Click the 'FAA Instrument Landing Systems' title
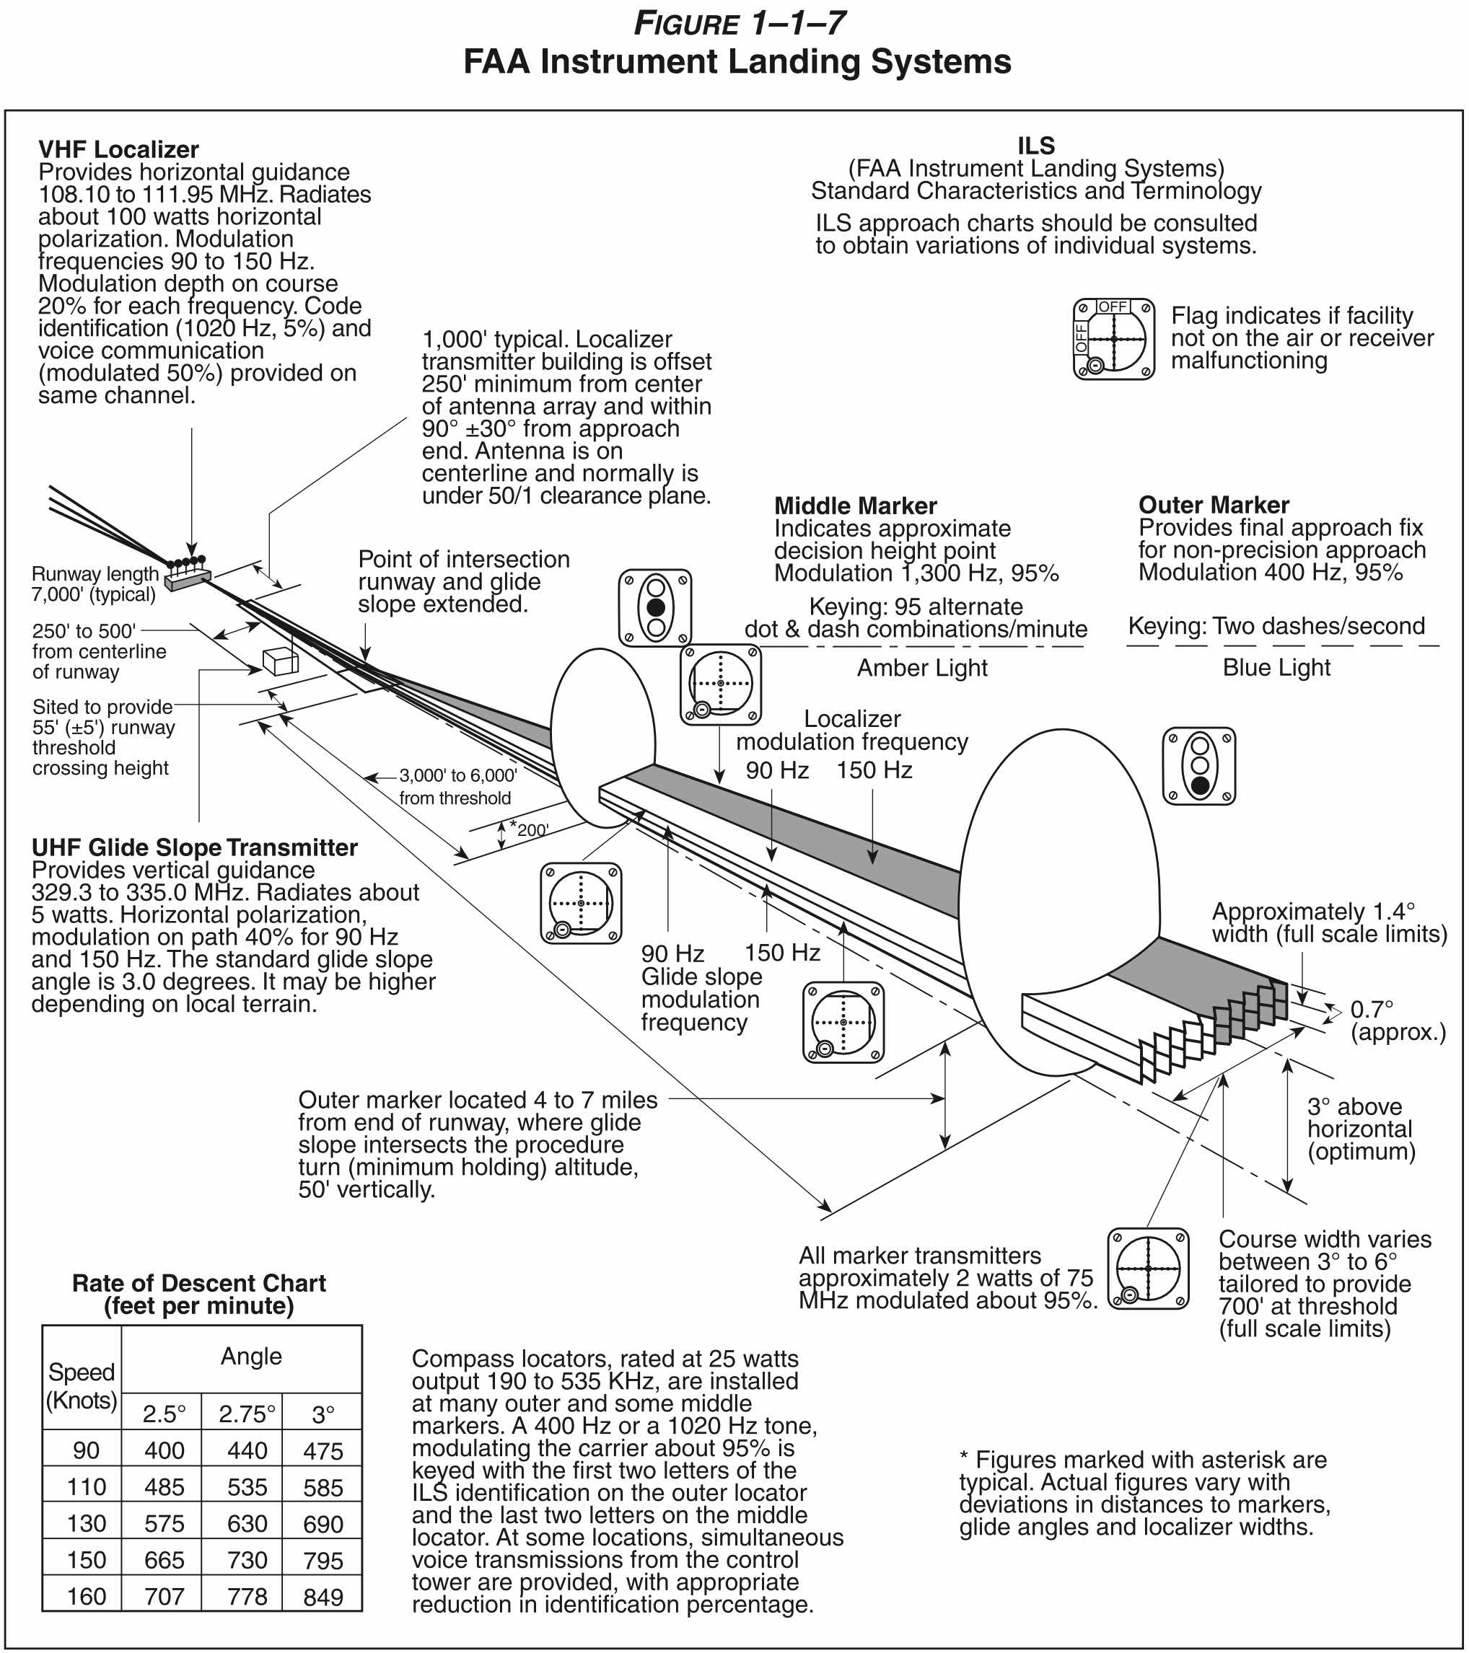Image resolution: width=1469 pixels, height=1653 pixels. [x=736, y=61]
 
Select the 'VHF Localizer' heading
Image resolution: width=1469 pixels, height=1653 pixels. [x=118, y=149]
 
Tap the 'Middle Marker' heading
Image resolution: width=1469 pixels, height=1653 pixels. [x=855, y=506]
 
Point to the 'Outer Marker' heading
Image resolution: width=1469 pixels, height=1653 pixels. [x=1214, y=505]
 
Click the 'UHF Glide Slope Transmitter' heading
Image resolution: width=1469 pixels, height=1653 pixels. [x=194, y=847]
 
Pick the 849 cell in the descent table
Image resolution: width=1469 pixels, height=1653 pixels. [x=323, y=1597]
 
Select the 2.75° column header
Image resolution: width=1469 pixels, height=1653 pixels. [x=247, y=1414]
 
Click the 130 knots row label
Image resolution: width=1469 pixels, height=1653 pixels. [x=86, y=1524]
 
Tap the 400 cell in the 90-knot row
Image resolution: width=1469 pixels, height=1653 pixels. [x=165, y=1451]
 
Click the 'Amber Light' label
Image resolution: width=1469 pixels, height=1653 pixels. [x=922, y=668]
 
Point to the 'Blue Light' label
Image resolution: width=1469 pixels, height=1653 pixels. [x=1276, y=667]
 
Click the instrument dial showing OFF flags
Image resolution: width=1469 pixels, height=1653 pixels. [x=1113, y=339]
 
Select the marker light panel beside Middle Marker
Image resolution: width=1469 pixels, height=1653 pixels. [x=655, y=607]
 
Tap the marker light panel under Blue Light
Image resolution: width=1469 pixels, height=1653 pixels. [x=1199, y=766]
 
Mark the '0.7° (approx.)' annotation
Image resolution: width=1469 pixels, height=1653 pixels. [x=1397, y=1021]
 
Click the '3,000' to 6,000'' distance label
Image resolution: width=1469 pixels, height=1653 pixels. [x=457, y=786]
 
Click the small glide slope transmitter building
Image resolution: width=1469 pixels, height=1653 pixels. [x=281, y=661]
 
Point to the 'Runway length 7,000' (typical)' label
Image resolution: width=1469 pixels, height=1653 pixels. [x=94, y=584]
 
